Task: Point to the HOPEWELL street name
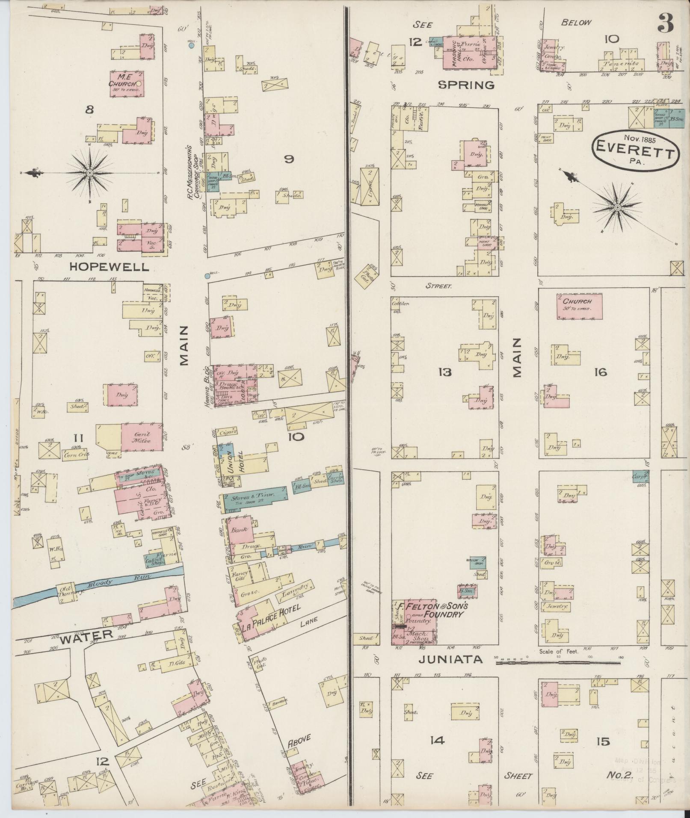coord(110,267)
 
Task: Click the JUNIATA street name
coord(450,671)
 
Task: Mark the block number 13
coord(444,372)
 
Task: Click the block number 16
coord(600,372)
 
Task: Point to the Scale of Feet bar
coord(558,675)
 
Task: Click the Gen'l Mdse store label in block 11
coord(142,437)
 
